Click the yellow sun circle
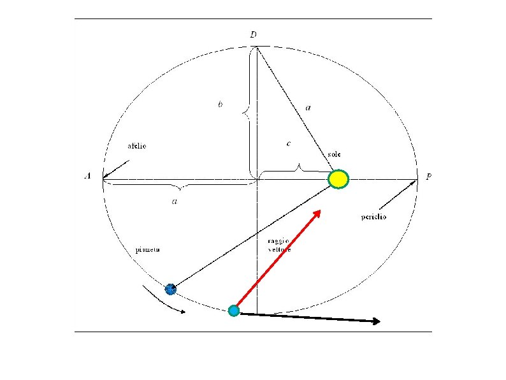pyautogui.click(x=338, y=179)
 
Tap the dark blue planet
pyautogui.click(x=170, y=289)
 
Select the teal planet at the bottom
pyautogui.click(x=234, y=311)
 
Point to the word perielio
pyautogui.click(x=373, y=217)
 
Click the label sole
pyautogui.click(x=335, y=155)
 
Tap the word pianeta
pyautogui.click(x=148, y=250)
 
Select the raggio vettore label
pyautogui.click(x=278, y=245)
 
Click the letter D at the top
pyautogui.click(x=253, y=34)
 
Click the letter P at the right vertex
pyautogui.click(x=429, y=177)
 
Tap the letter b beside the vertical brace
pyautogui.click(x=220, y=104)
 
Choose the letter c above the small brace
pyautogui.click(x=289, y=144)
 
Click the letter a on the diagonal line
pyautogui.click(x=308, y=108)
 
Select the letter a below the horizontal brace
pyautogui.click(x=174, y=201)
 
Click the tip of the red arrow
pyautogui.click(x=320, y=212)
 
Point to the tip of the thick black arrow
pyautogui.click(x=380, y=322)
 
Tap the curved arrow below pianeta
pyautogui.click(x=164, y=302)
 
